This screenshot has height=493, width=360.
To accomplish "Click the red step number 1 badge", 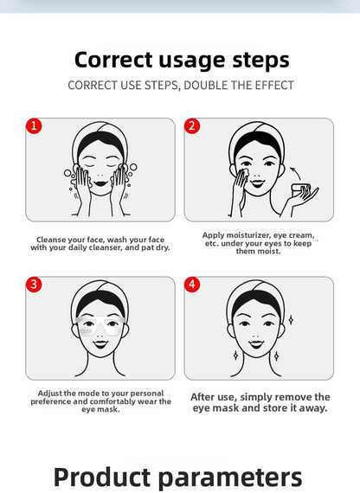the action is (34, 126).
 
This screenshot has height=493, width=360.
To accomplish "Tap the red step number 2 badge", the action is (192, 126).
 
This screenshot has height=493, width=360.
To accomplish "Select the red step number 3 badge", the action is (34, 285).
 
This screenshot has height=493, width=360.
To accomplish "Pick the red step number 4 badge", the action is (192, 285).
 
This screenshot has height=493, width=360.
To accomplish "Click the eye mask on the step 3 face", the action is (100, 326).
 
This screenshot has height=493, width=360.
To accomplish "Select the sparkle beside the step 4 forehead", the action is (291, 320).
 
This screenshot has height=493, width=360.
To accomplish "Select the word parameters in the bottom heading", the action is (229, 477).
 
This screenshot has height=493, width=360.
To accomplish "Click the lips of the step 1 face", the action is (100, 183).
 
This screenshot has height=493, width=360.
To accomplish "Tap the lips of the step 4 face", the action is (256, 344).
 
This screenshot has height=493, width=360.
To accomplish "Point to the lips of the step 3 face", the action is (100, 344).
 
